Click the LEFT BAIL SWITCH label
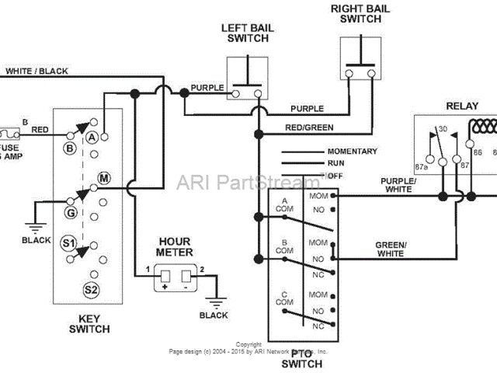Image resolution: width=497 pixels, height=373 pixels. click(248, 34)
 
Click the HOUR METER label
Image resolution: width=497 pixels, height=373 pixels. click(175, 247)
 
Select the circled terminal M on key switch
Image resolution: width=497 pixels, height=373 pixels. click(105, 179)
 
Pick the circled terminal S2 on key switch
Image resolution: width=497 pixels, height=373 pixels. click(91, 289)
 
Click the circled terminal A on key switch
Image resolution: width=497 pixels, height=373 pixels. click(90, 137)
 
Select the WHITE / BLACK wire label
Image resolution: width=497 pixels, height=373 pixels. click(36, 71)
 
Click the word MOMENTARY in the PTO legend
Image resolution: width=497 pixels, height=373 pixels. click(352, 152)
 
